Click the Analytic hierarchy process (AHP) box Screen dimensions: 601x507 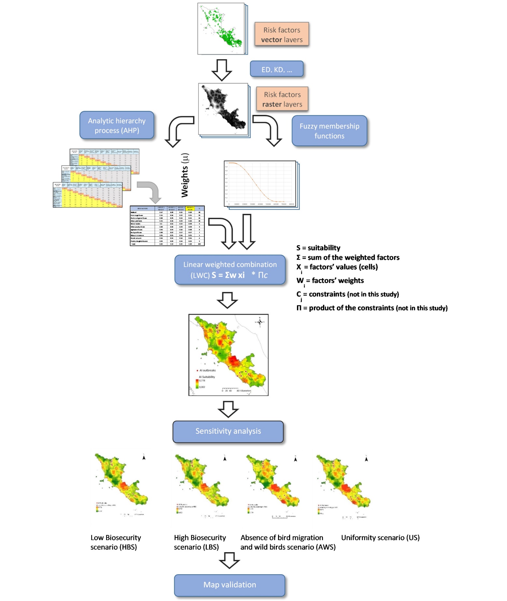117,125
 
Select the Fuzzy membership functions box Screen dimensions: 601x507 329,131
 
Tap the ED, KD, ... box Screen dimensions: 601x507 276,69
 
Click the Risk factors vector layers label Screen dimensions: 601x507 282,35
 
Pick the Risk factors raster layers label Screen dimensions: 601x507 282,99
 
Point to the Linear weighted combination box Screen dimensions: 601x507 230,270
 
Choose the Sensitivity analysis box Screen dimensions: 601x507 228,431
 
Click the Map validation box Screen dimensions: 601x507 230,585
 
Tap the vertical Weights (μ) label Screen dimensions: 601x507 185,175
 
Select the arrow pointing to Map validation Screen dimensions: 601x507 229,560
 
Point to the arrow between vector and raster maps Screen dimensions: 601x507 222,70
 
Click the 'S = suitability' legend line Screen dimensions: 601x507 318,248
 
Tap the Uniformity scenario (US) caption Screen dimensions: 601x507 380,538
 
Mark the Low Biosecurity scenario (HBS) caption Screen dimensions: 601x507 116,542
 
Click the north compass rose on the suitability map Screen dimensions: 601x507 260,322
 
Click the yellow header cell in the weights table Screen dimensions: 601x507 190,208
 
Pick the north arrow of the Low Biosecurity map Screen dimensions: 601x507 144,458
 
